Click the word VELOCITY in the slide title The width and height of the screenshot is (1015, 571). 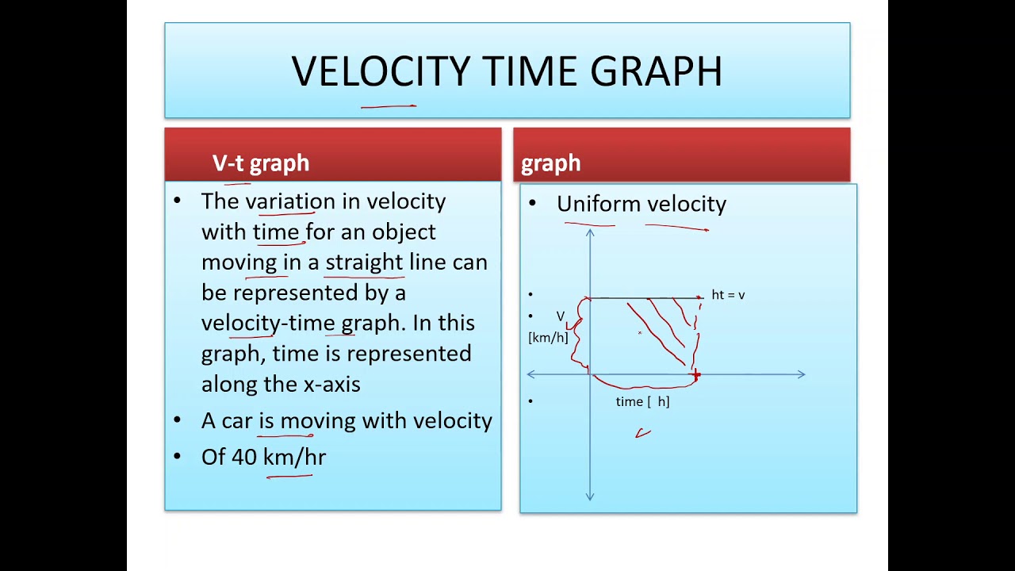pyautogui.click(x=380, y=71)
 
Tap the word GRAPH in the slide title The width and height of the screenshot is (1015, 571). pyautogui.click(x=656, y=71)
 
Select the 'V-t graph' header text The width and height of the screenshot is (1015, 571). pyautogui.click(x=261, y=163)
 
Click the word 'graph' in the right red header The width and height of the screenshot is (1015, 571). pyautogui.click(x=550, y=163)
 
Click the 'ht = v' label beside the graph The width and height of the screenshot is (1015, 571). pyautogui.click(x=728, y=295)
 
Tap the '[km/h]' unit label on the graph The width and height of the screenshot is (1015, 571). pyautogui.click(x=548, y=338)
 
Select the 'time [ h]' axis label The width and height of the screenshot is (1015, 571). pyautogui.click(x=642, y=401)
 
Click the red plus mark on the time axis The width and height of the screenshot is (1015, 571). pyautogui.click(x=696, y=374)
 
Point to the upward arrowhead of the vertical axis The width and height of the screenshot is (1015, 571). pyautogui.click(x=589, y=232)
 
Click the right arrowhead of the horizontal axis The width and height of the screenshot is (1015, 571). pyautogui.click(x=802, y=374)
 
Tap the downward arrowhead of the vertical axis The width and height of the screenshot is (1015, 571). pyautogui.click(x=589, y=497)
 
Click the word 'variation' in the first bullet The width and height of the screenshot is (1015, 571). pyautogui.click(x=290, y=201)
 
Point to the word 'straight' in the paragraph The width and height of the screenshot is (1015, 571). pyautogui.click(x=364, y=263)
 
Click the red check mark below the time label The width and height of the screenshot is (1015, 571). pyautogui.click(x=643, y=433)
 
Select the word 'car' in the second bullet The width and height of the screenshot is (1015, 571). pyautogui.click(x=237, y=421)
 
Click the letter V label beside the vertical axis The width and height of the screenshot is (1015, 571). pyautogui.click(x=561, y=316)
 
